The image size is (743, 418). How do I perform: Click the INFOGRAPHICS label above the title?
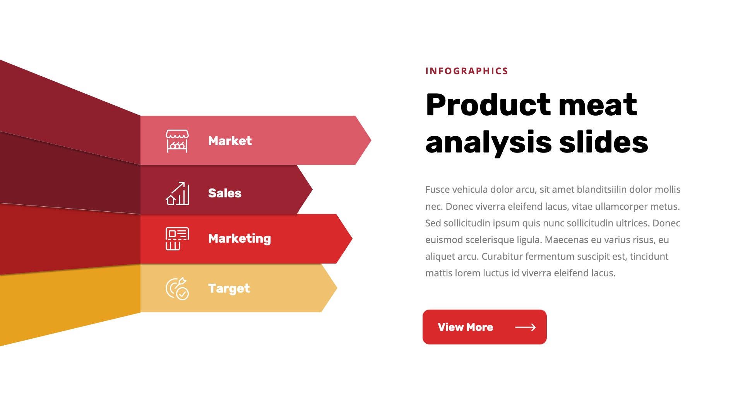(466, 71)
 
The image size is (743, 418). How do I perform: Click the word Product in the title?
(488, 105)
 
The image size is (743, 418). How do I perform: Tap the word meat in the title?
(597, 105)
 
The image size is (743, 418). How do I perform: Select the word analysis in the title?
(488, 142)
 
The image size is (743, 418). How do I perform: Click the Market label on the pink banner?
(230, 141)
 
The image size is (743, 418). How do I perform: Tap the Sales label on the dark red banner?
(224, 193)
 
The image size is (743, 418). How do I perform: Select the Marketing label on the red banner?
(239, 239)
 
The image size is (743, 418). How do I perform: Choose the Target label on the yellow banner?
(229, 288)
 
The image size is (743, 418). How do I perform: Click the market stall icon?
(177, 141)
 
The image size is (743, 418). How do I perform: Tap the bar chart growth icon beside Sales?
(177, 193)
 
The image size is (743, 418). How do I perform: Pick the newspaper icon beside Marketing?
(177, 239)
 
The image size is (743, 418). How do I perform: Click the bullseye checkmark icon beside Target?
(177, 289)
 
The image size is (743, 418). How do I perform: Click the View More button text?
(465, 327)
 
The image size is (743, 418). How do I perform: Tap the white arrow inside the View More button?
(525, 327)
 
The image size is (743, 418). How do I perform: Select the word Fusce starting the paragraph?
(437, 190)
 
